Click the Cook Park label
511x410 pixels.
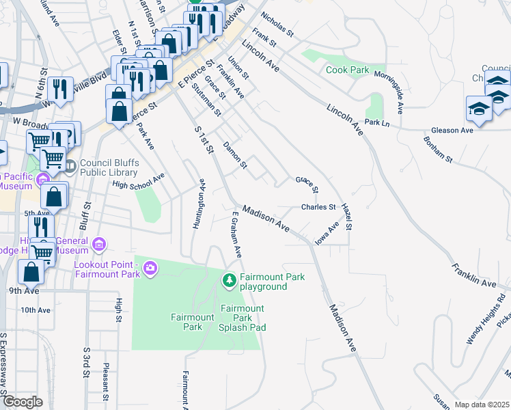pyautogui.click(x=347, y=70)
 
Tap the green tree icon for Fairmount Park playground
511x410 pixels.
pyautogui.click(x=230, y=279)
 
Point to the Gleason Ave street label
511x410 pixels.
pyautogui.click(x=452, y=130)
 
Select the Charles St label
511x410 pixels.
pyautogui.click(x=318, y=207)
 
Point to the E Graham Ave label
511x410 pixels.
pyautogui.click(x=236, y=234)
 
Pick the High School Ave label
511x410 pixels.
pyautogui.click(x=139, y=180)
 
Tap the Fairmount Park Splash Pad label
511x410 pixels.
pyautogui.click(x=242, y=318)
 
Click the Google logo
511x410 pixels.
pyautogui.click(x=22, y=402)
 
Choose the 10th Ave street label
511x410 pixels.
pyautogui.click(x=36, y=310)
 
